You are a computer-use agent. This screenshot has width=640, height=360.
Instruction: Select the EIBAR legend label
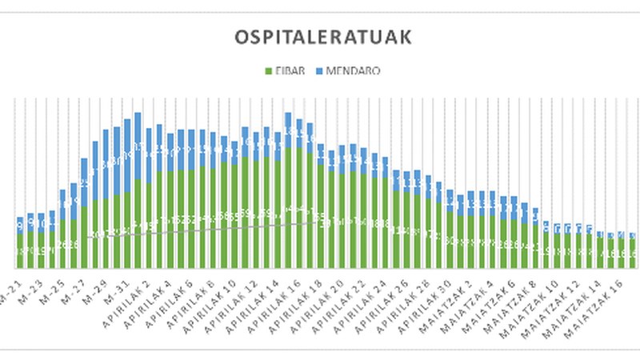point(283,70)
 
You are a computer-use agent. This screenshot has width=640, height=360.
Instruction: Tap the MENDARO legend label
point(354,70)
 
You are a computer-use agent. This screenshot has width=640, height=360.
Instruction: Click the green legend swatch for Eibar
point(267,70)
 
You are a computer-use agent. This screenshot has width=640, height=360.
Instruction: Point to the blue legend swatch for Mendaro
point(318,70)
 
